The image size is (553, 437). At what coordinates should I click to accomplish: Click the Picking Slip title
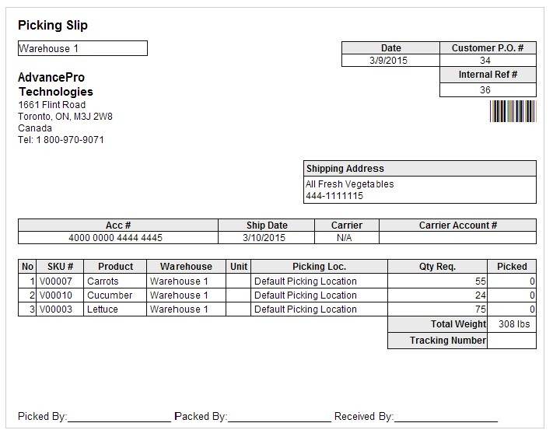[53, 26]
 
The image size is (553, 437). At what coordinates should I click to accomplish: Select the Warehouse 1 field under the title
[82, 48]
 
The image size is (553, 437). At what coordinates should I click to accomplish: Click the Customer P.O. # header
[488, 48]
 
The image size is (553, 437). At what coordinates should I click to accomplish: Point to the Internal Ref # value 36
[485, 90]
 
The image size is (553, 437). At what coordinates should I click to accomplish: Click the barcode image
[513, 111]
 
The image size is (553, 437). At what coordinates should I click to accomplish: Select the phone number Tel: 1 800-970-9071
[61, 140]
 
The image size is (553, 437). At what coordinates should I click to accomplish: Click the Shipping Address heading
[345, 169]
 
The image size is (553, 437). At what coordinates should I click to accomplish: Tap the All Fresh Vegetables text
[349, 184]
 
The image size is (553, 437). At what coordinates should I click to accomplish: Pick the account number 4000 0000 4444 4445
[116, 238]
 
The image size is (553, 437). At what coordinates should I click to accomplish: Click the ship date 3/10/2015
[264, 238]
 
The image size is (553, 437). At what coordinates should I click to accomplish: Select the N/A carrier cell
[345, 238]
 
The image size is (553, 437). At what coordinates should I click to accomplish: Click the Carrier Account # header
[458, 225]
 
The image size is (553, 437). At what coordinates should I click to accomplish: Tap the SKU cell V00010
[56, 295]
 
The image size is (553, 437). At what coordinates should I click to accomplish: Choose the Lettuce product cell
[103, 309]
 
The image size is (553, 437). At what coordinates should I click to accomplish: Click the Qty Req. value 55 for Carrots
[480, 281]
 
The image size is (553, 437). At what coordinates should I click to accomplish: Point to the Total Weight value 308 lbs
[511, 324]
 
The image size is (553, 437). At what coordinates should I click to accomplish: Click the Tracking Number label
[447, 341]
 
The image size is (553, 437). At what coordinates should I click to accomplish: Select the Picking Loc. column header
[319, 267]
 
